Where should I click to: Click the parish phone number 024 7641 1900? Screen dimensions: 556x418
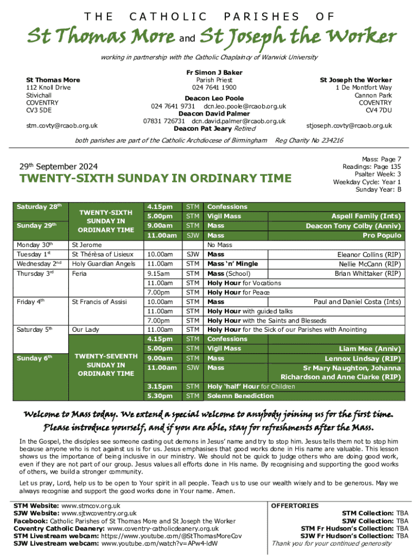[x=214, y=87]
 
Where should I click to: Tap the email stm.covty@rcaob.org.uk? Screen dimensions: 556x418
[x=62, y=125]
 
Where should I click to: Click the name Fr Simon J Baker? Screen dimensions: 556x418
[x=214, y=72]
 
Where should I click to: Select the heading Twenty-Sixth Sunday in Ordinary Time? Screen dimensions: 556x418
[x=155, y=179]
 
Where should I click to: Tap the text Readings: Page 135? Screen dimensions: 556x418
[x=371, y=167]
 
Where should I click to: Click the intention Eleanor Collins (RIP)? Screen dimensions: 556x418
[x=369, y=254]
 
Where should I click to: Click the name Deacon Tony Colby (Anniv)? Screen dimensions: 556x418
[x=353, y=226]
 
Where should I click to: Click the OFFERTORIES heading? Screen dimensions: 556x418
[x=295, y=506]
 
